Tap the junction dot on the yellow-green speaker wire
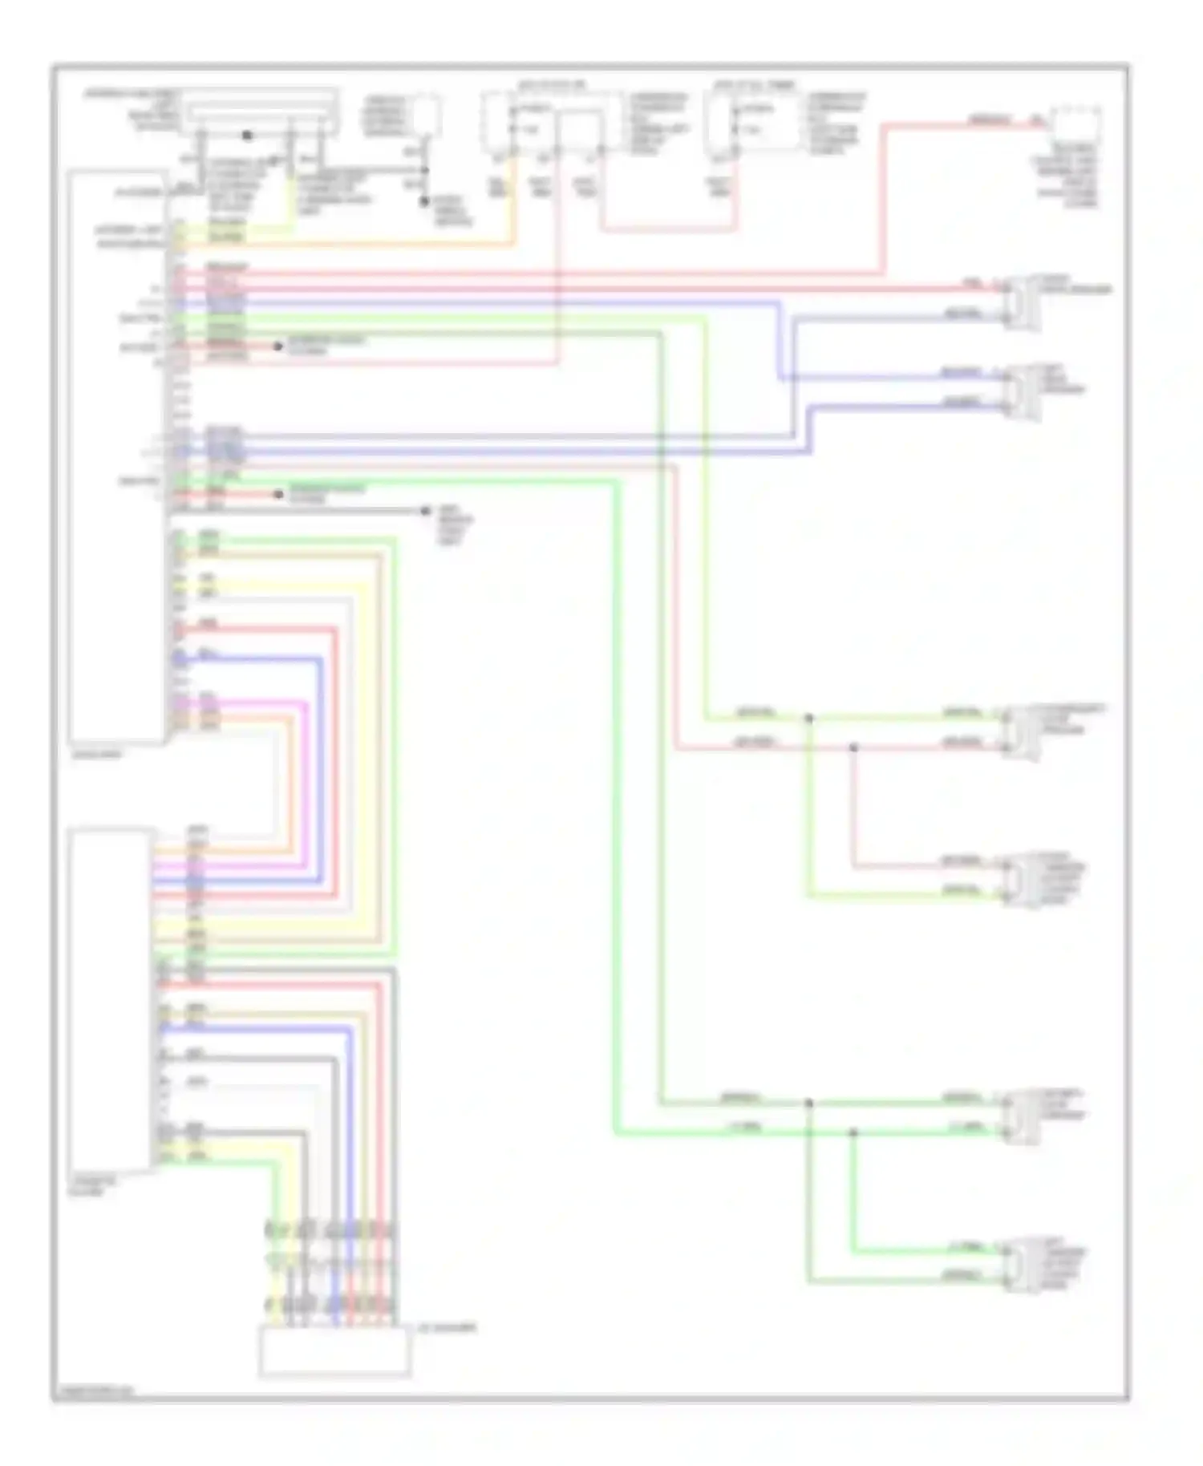[808, 718]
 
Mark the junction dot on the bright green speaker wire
[853, 1132]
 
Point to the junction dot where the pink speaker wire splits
[853, 747]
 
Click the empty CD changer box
[334, 1352]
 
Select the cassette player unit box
[110, 999]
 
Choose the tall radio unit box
[117, 457]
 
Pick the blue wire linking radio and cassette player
[322, 770]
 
